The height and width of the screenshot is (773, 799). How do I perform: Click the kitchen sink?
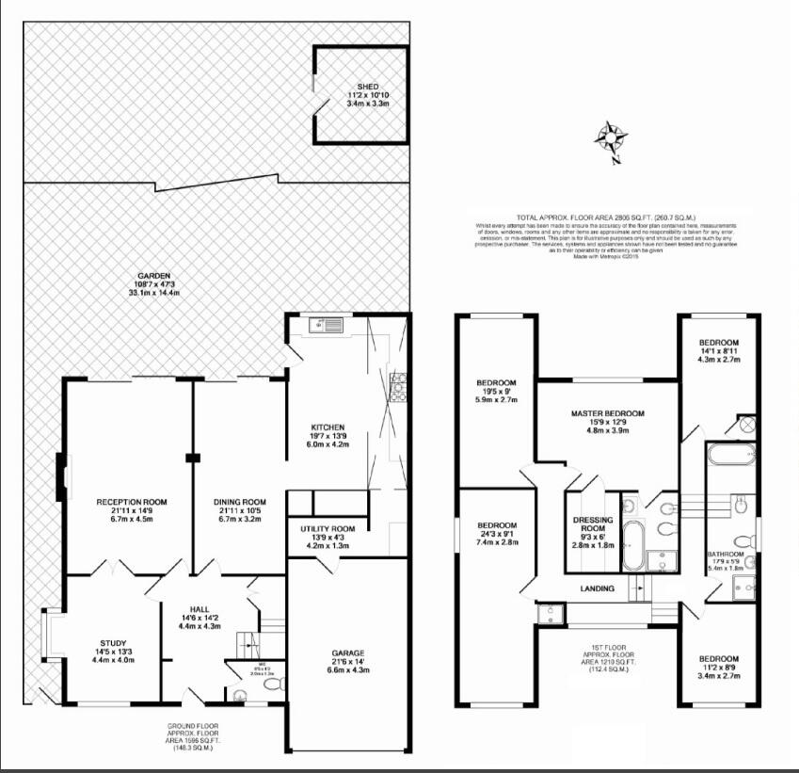[x=329, y=327]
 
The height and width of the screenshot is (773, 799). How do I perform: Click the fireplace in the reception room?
[x=61, y=475]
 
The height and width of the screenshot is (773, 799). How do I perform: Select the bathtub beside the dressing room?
[x=633, y=549]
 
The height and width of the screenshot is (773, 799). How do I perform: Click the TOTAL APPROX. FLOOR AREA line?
[x=606, y=217]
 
